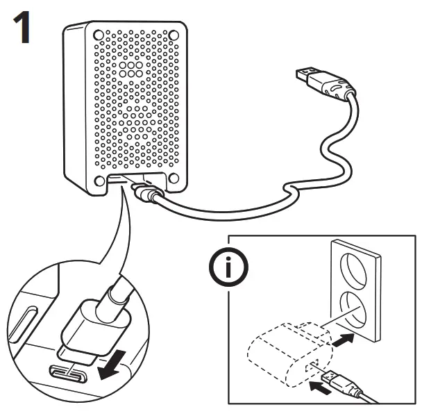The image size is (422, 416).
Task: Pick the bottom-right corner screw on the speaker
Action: click(174, 178)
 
